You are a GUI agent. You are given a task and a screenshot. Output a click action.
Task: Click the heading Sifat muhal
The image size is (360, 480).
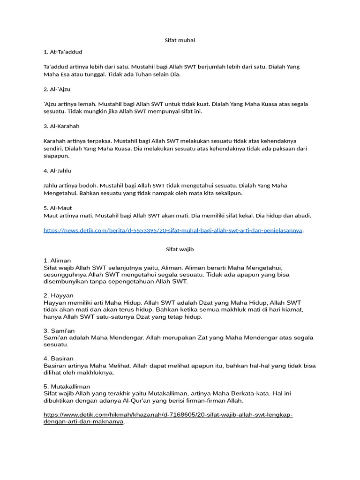pyautogui.click(x=180, y=40)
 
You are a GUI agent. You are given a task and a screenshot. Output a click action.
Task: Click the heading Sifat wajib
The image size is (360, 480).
pyautogui.click(x=180, y=249)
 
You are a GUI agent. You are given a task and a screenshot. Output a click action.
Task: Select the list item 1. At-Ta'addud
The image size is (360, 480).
pyautogui.click(x=63, y=52)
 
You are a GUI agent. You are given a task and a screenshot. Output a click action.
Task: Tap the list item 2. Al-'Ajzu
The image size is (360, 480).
pyautogui.click(x=57, y=89)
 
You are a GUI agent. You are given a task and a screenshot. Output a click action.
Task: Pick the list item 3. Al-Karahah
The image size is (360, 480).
pyautogui.click(x=61, y=126)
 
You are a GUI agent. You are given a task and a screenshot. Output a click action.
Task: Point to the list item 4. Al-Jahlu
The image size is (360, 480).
pyautogui.click(x=57, y=171)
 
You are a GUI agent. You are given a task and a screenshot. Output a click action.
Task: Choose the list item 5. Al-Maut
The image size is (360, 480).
pyautogui.click(x=58, y=208)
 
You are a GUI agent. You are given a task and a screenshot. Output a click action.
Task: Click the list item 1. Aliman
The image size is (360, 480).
pyautogui.click(x=57, y=260)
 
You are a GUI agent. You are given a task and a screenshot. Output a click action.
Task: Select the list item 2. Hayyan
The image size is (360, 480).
pyautogui.click(x=58, y=295)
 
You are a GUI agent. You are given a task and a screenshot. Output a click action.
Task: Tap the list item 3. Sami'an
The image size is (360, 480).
pyautogui.click(x=59, y=330)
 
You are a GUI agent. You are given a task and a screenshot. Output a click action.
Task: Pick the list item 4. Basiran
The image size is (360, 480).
pyautogui.click(x=59, y=359)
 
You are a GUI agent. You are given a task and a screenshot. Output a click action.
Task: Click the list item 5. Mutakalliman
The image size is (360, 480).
pyautogui.click(x=67, y=386)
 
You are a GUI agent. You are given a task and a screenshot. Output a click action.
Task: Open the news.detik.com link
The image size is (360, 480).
pyautogui.click(x=173, y=230)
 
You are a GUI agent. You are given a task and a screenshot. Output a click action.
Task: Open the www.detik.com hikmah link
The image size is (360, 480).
pyautogui.click(x=168, y=418)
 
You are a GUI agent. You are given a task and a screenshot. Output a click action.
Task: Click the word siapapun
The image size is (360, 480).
pyautogui.click(x=56, y=156)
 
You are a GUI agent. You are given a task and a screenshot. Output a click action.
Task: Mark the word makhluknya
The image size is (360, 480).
pyautogui.click(x=97, y=373)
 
